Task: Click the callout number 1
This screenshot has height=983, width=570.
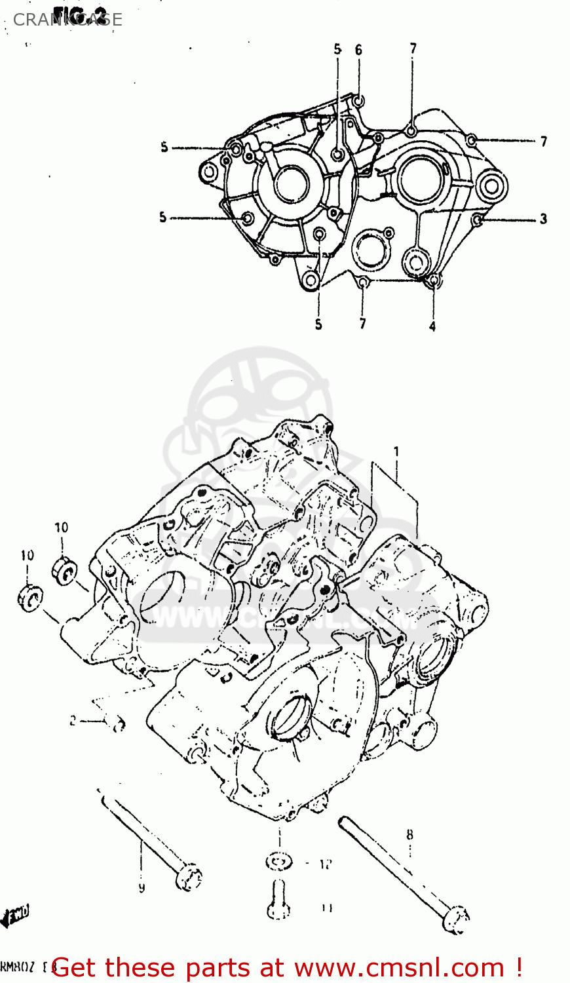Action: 396,452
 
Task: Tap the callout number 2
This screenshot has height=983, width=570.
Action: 73,721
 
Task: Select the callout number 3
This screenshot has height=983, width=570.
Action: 543,219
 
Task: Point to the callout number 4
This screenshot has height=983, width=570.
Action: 432,326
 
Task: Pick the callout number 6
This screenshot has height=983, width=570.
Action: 358,50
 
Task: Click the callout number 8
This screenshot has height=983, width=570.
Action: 409,834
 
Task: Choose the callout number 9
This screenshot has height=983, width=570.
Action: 142,888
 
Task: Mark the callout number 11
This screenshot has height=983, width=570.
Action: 327,908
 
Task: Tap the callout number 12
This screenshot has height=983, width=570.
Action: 326,864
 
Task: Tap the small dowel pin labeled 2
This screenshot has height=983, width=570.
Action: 118,723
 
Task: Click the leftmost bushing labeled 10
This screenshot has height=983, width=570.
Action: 29,599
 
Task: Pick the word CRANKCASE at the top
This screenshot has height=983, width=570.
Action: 67,20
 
